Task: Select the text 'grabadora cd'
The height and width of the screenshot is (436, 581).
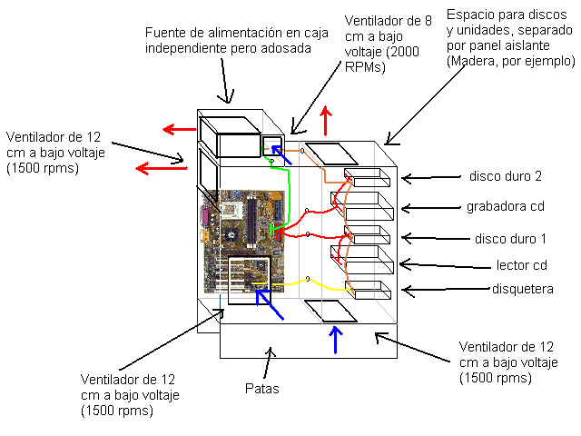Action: pos(505,206)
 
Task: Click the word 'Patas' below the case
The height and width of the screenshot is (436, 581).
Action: pos(262,389)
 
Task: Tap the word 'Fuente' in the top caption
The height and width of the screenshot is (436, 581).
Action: pos(166,34)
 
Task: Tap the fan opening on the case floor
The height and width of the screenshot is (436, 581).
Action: pos(329,311)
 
